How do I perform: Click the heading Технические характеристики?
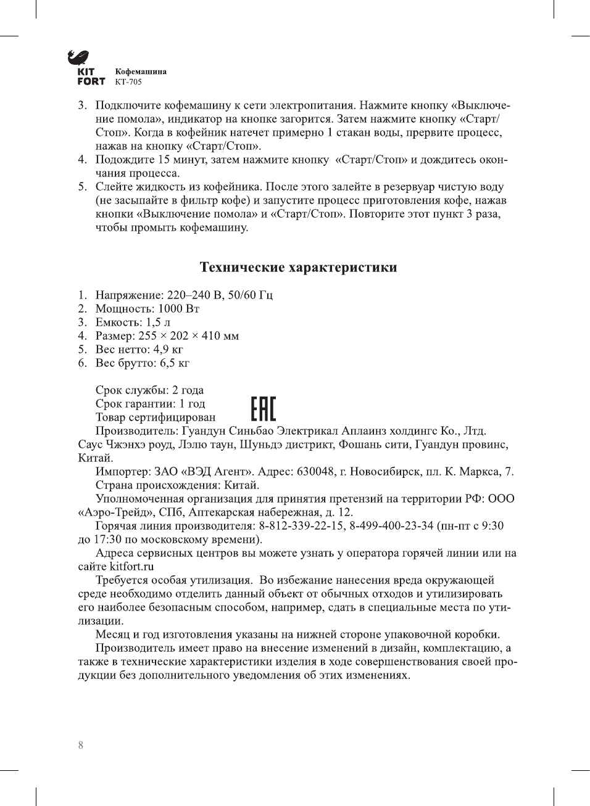[x=298, y=268]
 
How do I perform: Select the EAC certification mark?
[x=263, y=409]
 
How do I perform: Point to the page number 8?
[x=81, y=745]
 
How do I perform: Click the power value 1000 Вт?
[x=178, y=309]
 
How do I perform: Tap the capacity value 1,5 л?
[x=158, y=323]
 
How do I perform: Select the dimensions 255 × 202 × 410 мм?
[x=188, y=336]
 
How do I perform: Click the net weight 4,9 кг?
[x=168, y=350]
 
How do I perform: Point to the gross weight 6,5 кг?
[x=174, y=363]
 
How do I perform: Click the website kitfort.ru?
[x=131, y=567]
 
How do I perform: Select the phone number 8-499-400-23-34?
[x=391, y=526]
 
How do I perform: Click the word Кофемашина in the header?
[x=141, y=72]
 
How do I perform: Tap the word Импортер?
[x=123, y=472]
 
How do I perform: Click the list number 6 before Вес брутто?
[x=81, y=363]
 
